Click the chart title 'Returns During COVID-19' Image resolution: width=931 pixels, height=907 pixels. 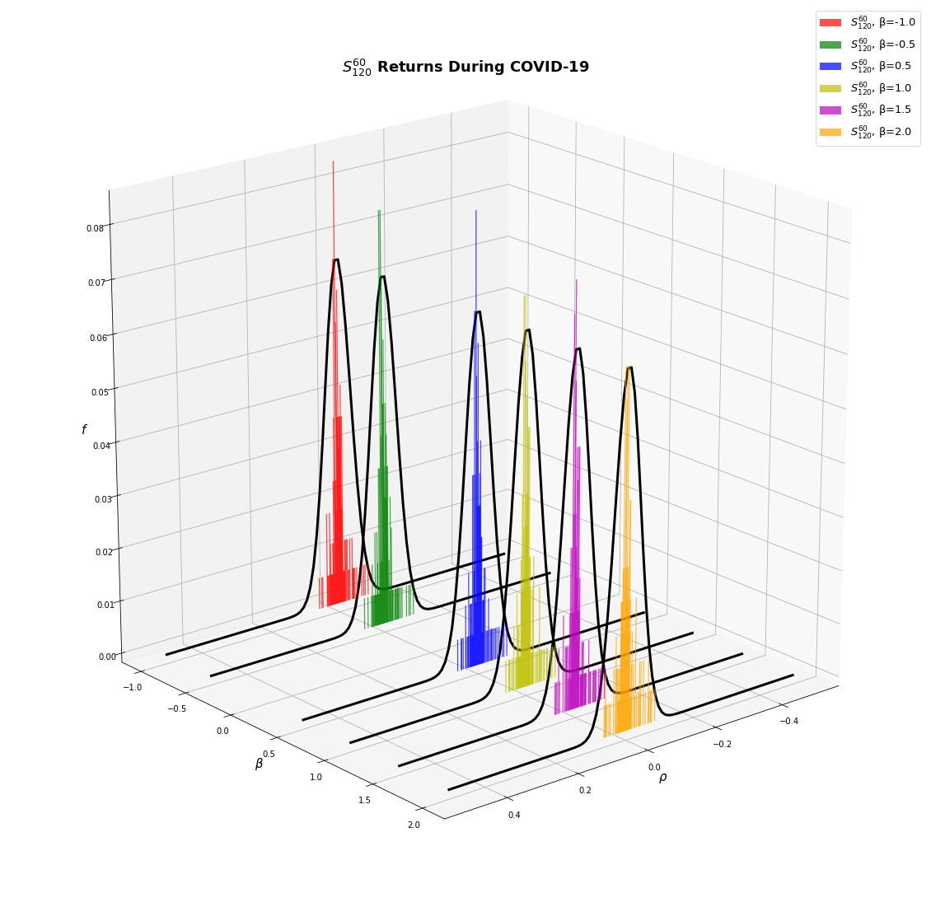[483, 67]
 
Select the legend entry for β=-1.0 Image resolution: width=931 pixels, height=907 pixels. [867, 22]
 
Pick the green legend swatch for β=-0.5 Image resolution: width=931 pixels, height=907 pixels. [830, 44]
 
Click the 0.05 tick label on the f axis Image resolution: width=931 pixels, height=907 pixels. [101, 392]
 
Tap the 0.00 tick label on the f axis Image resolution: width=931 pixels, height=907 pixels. [107, 657]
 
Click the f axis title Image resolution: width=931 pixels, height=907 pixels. [84, 430]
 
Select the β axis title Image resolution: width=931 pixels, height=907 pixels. [259, 764]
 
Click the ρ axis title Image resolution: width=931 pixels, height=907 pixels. [662, 778]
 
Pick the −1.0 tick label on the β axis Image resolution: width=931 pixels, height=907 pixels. [133, 687]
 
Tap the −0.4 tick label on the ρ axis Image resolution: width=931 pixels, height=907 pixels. [788, 721]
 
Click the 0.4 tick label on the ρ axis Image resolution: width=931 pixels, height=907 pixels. [514, 815]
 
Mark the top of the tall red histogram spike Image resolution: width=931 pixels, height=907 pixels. [333, 161]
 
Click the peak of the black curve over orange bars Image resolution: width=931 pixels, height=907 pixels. [629, 367]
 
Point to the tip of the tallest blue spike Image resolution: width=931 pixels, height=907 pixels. [475, 211]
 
